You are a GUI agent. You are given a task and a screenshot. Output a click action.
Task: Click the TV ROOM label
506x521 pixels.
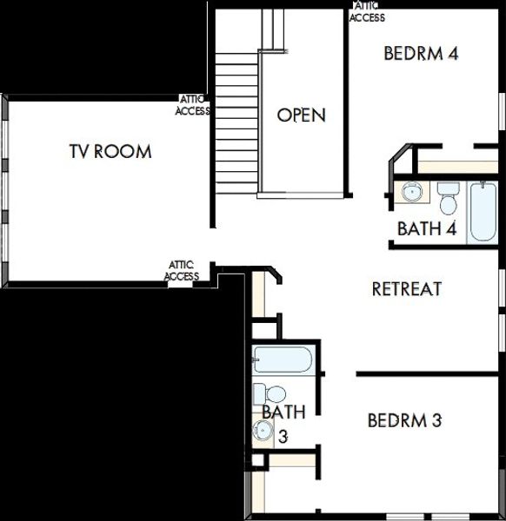coord(110,152)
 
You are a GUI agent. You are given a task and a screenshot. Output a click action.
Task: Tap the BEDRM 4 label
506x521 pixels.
coord(421,53)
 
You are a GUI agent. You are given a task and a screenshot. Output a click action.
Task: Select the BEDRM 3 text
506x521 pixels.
coord(404,421)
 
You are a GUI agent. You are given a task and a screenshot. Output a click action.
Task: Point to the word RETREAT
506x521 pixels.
coord(407,288)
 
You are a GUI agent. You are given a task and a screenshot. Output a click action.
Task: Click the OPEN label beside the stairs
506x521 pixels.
coord(301,115)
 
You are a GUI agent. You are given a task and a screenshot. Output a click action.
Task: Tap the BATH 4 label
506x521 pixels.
coord(427,229)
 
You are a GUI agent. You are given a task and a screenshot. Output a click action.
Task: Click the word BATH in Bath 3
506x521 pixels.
coord(283,411)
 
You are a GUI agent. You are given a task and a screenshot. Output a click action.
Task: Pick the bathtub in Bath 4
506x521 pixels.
coord(481,212)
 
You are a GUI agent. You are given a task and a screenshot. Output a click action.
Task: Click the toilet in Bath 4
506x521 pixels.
coord(449,198)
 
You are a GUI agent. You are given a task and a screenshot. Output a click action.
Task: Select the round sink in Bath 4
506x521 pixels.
coord(411,192)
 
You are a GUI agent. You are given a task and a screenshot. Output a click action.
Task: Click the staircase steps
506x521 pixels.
coord(236,122)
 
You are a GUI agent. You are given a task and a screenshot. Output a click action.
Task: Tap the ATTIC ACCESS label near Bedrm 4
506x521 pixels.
coord(367,11)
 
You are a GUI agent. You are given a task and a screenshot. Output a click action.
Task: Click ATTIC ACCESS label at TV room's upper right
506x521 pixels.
coord(192,105)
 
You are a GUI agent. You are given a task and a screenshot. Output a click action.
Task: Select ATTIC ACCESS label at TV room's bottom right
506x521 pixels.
coord(182,271)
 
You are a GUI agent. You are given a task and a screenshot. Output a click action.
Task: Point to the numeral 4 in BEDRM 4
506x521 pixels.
coord(452,53)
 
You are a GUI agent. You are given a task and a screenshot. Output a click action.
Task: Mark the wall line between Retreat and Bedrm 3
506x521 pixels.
coord(429,375)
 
